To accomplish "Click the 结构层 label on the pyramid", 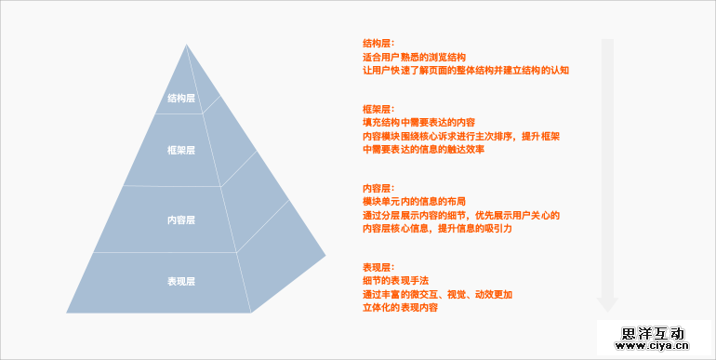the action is click(181, 98).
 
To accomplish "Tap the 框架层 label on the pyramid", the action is click(181, 151).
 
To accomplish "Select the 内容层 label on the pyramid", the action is click(181, 220).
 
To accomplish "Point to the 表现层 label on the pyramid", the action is click(181, 280).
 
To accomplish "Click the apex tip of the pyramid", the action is click(186, 44).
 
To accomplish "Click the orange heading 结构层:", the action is click(378, 43).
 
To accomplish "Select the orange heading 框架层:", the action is click(378, 109).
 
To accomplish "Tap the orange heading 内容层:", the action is click(378, 187).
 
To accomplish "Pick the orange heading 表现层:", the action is click(378, 266).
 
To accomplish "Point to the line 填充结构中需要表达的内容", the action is click(418, 122).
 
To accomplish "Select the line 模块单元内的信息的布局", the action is click(414, 201).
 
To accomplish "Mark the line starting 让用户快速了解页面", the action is click(465, 70).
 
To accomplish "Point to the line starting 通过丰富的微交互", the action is click(437, 294).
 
